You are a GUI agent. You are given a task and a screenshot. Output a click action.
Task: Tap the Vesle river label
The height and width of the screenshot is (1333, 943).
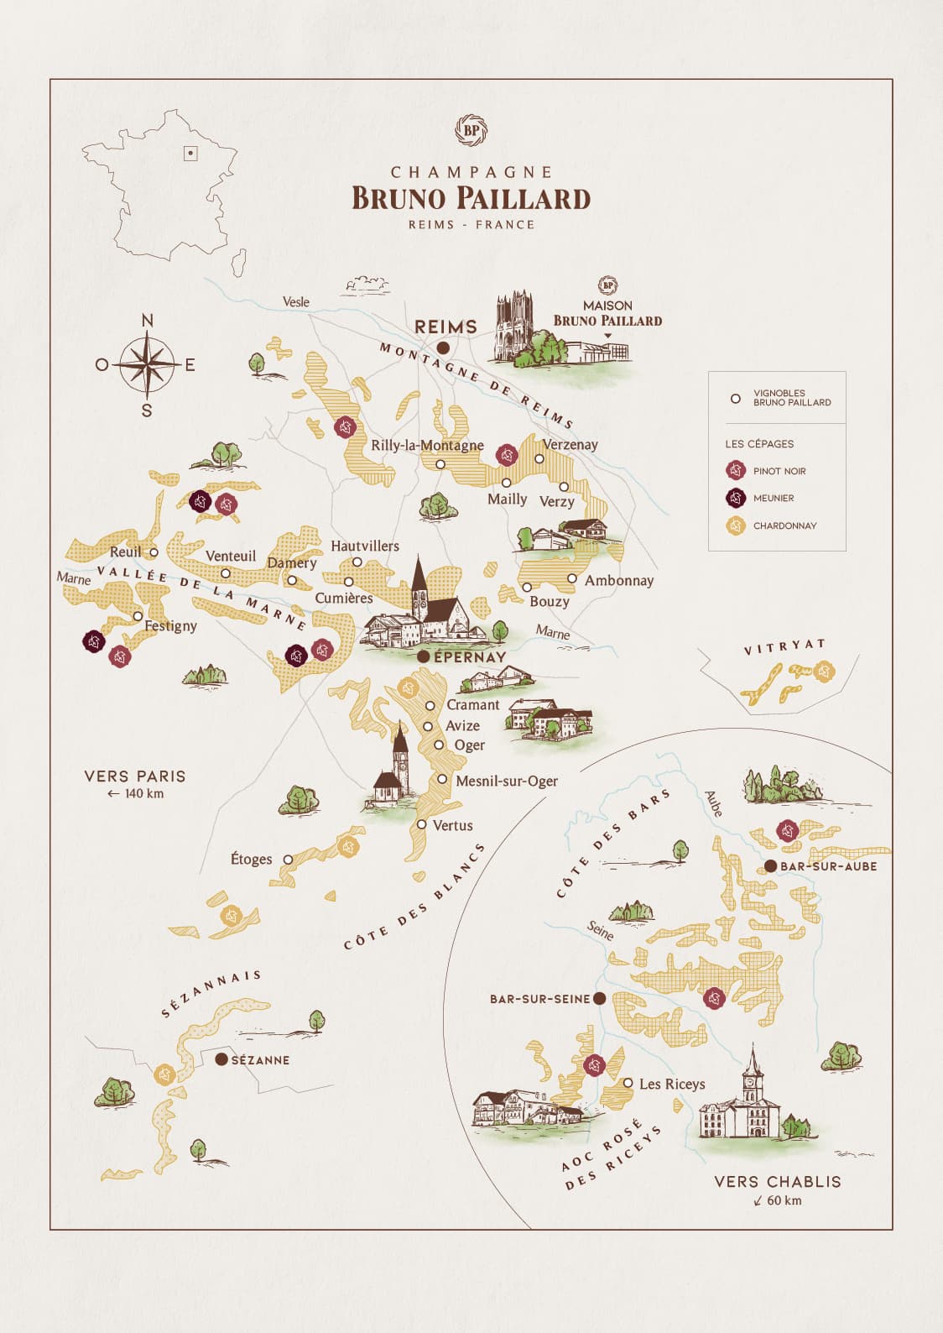(295, 301)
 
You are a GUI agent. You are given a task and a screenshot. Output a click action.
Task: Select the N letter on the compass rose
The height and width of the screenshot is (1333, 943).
(148, 320)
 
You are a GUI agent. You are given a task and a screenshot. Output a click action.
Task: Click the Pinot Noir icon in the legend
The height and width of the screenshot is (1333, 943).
(736, 471)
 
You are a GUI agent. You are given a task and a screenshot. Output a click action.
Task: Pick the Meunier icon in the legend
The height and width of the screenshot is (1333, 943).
(736, 498)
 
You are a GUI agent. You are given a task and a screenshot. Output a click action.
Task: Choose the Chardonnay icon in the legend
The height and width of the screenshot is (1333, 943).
(736, 525)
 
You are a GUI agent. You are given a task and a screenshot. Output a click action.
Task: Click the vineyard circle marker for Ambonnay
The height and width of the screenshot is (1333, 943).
(571, 578)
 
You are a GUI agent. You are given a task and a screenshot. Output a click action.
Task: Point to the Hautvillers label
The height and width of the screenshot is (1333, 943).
(364, 546)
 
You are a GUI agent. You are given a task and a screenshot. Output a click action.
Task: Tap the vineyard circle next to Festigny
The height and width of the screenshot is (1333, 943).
(138, 615)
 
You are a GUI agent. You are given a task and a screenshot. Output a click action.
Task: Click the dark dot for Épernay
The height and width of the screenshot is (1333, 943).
(424, 656)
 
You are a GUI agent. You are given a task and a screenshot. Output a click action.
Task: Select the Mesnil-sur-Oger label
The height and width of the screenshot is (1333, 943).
(506, 781)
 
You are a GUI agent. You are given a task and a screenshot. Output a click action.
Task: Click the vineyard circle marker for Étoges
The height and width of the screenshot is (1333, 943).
(288, 860)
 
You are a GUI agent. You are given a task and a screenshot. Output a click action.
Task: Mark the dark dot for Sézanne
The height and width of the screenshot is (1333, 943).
(221, 1059)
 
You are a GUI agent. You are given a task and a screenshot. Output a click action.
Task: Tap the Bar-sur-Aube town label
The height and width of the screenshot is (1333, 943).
(828, 866)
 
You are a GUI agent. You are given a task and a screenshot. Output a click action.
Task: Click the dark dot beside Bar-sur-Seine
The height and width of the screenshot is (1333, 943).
(599, 998)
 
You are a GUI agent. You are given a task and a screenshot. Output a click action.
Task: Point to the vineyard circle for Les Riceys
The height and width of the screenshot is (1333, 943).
(628, 1083)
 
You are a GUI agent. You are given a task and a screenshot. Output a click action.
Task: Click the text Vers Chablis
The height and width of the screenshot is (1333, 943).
(777, 1181)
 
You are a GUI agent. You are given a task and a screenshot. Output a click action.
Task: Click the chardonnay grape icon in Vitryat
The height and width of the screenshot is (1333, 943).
(825, 671)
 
